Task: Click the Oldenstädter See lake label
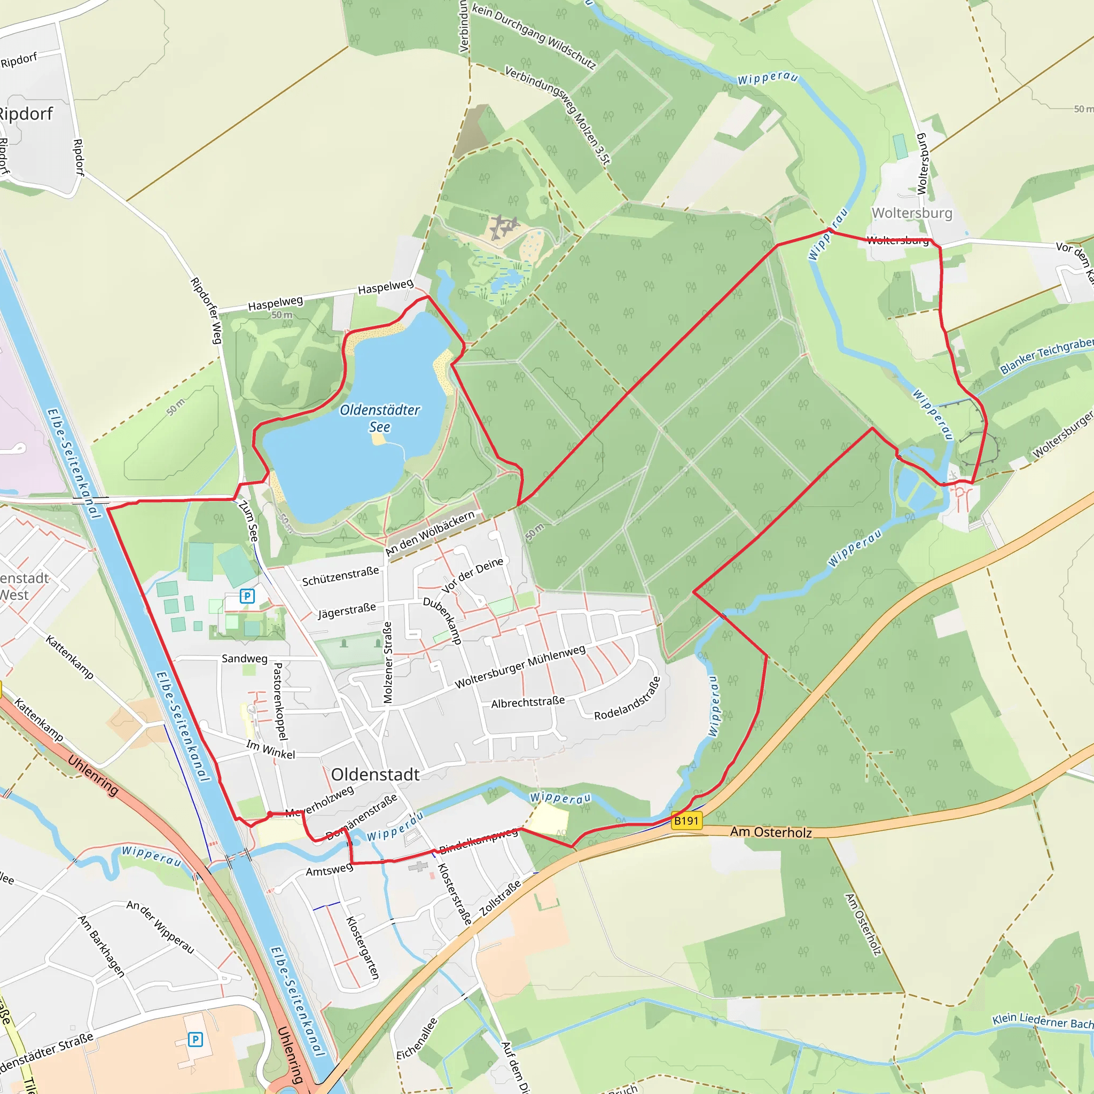pyautogui.click(x=379, y=418)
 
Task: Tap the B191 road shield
pyautogui.click(x=686, y=820)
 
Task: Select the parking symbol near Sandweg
pyautogui.click(x=247, y=596)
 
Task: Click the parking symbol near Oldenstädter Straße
pyautogui.click(x=196, y=1039)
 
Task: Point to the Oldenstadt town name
pyautogui.click(x=375, y=775)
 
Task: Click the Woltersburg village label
pyautogui.click(x=912, y=213)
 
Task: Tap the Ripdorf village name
pyautogui.click(x=26, y=114)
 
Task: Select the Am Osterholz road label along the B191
pyautogui.click(x=771, y=832)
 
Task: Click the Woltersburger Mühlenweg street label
pyautogui.click(x=520, y=667)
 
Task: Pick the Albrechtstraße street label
pyautogui.click(x=528, y=702)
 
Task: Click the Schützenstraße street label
pyautogui.click(x=340, y=576)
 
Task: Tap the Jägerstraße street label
pyautogui.click(x=347, y=611)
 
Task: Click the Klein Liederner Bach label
pyautogui.click(x=1042, y=1020)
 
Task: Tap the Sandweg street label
pyautogui.click(x=244, y=658)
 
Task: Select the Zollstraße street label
pyautogui.click(x=500, y=898)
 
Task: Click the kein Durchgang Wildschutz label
pyautogui.click(x=534, y=36)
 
